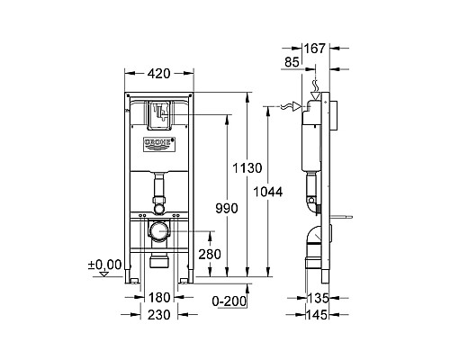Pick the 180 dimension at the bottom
tap(160, 298)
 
